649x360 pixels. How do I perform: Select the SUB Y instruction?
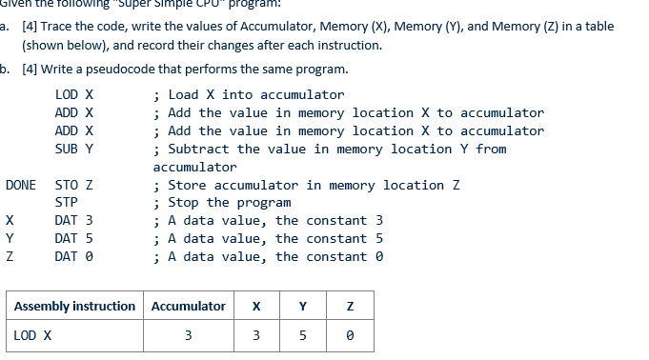click(74, 150)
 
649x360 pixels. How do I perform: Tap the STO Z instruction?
click(74, 185)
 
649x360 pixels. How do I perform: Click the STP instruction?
click(67, 203)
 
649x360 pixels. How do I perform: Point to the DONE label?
click(20, 185)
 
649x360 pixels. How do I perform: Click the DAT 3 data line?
click(74, 221)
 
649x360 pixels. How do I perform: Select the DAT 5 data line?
click(74, 239)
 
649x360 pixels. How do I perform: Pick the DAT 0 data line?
click(74, 257)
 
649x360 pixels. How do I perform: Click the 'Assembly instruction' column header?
click(74, 307)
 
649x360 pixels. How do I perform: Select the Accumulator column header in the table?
click(189, 307)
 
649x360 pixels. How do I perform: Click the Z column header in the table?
click(350, 307)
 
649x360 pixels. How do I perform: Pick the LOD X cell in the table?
click(33, 335)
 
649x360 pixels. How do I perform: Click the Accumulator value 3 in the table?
click(188, 335)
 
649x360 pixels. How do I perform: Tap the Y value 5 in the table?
click(303, 335)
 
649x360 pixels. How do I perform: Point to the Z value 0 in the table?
click(350, 335)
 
